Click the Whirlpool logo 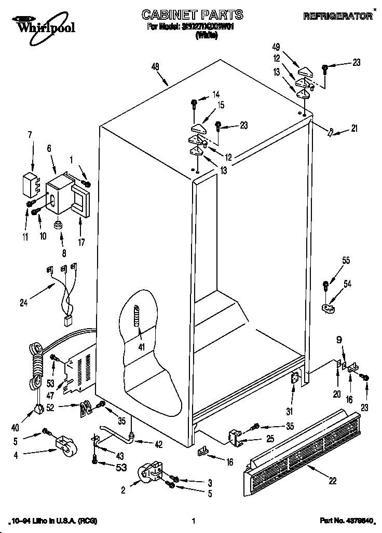click(x=38, y=24)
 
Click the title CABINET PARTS click(x=185, y=15)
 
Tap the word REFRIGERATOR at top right click(x=337, y=16)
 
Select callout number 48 click(x=155, y=66)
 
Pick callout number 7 click(x=30, y=135)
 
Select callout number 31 click(x=290, y=411)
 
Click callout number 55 click(x=345, y=261)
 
